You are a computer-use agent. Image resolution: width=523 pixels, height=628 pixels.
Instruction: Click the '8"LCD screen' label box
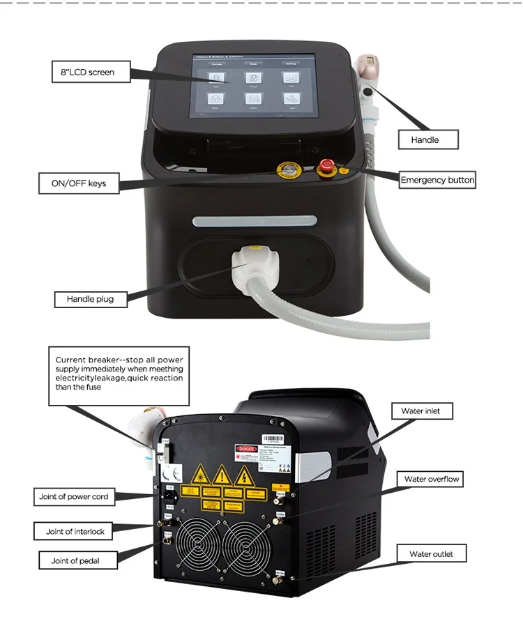91,72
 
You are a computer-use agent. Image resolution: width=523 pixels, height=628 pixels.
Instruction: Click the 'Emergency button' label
437,180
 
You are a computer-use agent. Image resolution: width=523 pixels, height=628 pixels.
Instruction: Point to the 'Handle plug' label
89,299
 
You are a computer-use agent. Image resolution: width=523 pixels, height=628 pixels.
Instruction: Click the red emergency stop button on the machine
326,167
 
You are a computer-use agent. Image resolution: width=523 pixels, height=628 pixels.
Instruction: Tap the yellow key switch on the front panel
286,169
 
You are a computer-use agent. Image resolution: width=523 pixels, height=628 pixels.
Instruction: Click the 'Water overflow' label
432,480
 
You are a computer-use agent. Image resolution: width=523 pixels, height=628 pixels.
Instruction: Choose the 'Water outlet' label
431,554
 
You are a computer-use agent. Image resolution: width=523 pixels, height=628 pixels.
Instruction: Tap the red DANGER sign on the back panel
248,449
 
